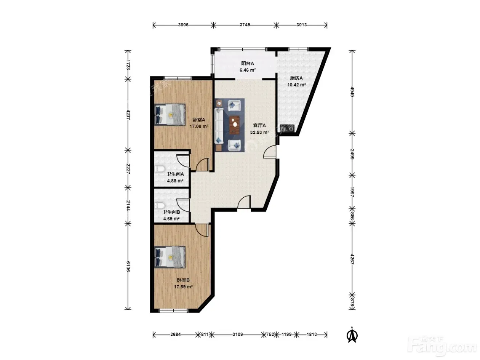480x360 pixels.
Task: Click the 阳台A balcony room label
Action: [x=247, y=63]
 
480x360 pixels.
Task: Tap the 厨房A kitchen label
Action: [x=296, y=78]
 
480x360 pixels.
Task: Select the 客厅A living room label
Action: [x=259, y=125]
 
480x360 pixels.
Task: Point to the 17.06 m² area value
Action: [x=198, y=126]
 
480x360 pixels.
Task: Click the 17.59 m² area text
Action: [x=183, y=286]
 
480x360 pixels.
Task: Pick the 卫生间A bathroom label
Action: [x=175, y=174]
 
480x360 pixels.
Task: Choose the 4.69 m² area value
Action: [x=171, y=219]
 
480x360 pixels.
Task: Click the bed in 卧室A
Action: [x=170, y=115]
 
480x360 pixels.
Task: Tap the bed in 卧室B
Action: [x=170, y=257]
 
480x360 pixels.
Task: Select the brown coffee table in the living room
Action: [x=234, y=125]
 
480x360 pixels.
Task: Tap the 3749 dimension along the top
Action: [x=245, y=25]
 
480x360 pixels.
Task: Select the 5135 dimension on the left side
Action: [x=128, y=266]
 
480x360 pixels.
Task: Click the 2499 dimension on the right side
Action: [x=352, y=154]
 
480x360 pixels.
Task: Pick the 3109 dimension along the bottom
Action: [x=237, y=334]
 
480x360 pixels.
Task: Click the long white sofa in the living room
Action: [x=219, y=126]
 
